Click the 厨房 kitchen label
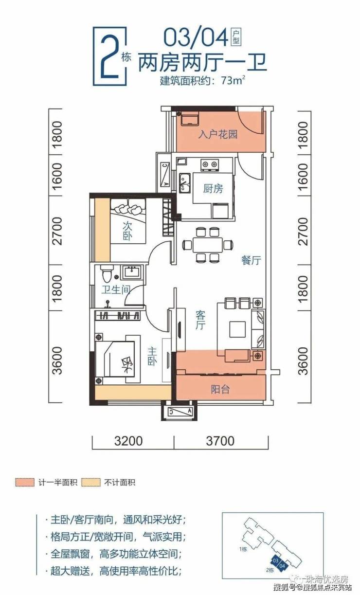[213, 189]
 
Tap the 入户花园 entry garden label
[217, 134]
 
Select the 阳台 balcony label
[220, 389]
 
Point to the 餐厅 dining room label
[251, 260]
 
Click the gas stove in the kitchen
[209, 164]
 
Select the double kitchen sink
[184, 182]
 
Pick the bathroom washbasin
[133, 272]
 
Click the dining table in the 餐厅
[208, 245]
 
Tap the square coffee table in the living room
[237, 329]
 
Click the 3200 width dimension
[128, 441]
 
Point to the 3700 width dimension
[220, 441]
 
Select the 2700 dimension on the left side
[57, 231]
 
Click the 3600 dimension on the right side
[303, 361]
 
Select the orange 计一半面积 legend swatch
[25, 482]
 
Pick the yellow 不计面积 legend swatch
[91, 482]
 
